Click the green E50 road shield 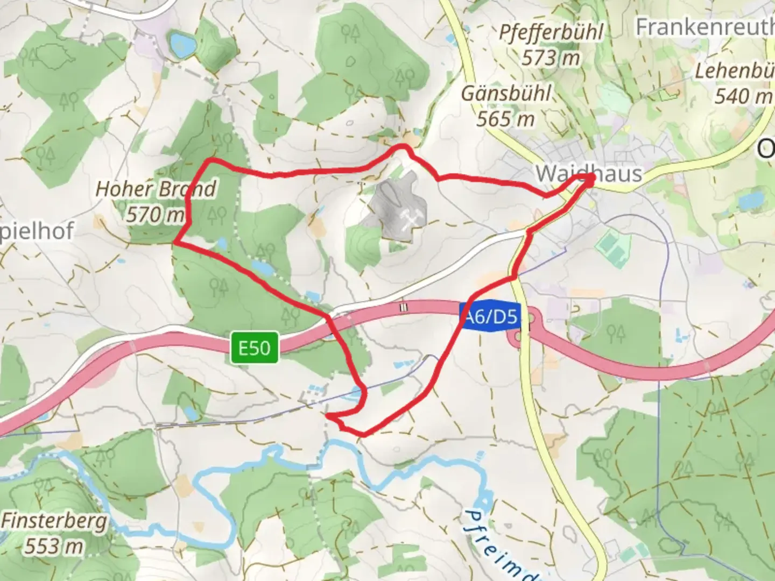coord(255,348)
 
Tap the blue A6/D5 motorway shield coord(490,316)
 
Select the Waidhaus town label coord(589,173)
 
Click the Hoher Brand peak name coord(156,189)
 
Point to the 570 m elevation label coord(155,215)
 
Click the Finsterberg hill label coord(54,521)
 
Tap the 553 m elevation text coord(54,546)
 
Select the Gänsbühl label coord(506,94)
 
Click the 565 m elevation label coord(505,119)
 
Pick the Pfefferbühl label coord(551,32)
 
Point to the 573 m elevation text coord(551,57)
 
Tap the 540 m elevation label coord(743,96)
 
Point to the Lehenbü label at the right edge coord(735,71)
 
